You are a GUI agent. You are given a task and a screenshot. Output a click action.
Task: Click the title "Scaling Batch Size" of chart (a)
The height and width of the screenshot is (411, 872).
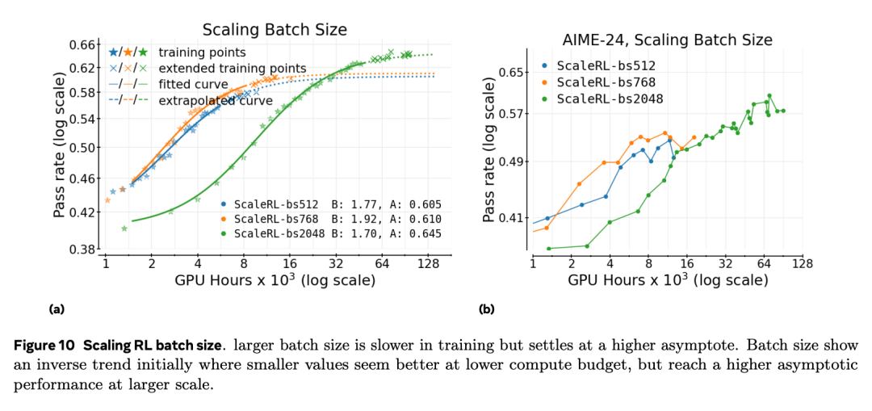pyautogui.click(x=275, y=30)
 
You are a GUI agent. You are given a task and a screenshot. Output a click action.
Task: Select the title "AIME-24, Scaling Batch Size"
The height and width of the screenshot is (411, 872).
pyautogui.click(x=667, y=40)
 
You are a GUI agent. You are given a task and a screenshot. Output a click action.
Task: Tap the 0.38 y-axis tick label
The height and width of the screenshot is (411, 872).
pyautogui.click(x=84, y=250)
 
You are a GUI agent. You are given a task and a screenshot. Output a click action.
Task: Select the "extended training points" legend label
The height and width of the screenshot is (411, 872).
pyautogui.click(x=232, y=68)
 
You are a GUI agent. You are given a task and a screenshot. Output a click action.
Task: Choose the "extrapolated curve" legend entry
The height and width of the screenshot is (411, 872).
pyautogui.click(x=216, y=100)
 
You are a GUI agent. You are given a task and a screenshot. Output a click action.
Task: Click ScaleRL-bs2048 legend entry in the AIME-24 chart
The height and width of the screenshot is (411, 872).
pyautogui.click(x=610, y=99)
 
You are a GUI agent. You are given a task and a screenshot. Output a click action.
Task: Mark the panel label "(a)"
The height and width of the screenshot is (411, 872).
pyautogui.click(x=57, y=309)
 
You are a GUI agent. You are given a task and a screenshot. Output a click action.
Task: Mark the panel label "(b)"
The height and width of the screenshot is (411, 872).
pyautogui.click(x=487, y=309)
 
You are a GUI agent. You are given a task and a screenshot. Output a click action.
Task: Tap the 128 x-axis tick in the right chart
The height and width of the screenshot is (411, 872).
pyautogui.click(x=801, y=264)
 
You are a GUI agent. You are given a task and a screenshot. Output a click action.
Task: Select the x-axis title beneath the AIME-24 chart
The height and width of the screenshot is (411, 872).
pyautogui.click(x=667, y=280)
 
